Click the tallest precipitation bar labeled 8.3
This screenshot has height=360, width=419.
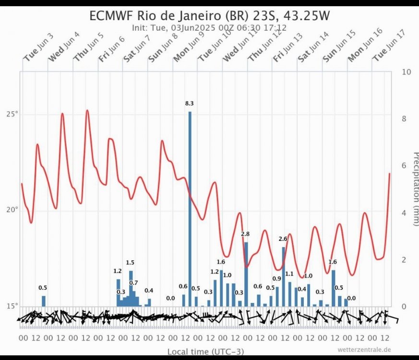(x=190, y=206)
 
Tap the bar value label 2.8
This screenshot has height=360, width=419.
(x=245, y=234)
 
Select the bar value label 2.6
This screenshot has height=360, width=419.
(x=283, y=239)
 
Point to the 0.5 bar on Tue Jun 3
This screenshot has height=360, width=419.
(x=44, y=301)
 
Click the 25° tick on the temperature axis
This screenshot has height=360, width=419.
(x=12, y=114)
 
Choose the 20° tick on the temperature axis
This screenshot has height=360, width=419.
(x=12, y=210)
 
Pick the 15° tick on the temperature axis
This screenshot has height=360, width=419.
(x=12, y=306)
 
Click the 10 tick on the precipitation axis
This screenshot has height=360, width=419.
(x=406, y=72)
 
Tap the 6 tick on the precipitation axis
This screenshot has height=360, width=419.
(x=405, y=166)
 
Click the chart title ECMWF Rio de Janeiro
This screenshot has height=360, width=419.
(x=210, y=16)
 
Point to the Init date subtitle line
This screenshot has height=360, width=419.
(x=210, y=27)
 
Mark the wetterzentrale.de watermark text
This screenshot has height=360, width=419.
(x=364, y=350)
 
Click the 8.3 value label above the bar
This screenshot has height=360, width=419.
(x=190, y=103)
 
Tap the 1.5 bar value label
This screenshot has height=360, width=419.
(x=130, y=263)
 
